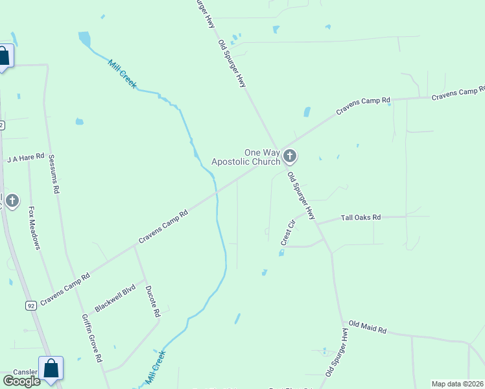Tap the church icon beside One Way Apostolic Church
point(289,156)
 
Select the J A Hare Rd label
point(25,158)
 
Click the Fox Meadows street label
point(34,228)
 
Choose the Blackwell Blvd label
point(115,298)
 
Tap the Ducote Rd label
point(152,301)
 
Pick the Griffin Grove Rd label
point(92,338)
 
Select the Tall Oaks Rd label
point(361,218)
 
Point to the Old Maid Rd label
point(368,327)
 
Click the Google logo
point(21,381)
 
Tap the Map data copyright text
point(458,384)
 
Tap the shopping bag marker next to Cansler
point(51,368)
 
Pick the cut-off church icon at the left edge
point(12,200)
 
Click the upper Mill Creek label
point(122,75)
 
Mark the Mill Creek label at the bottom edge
point(156,367)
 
